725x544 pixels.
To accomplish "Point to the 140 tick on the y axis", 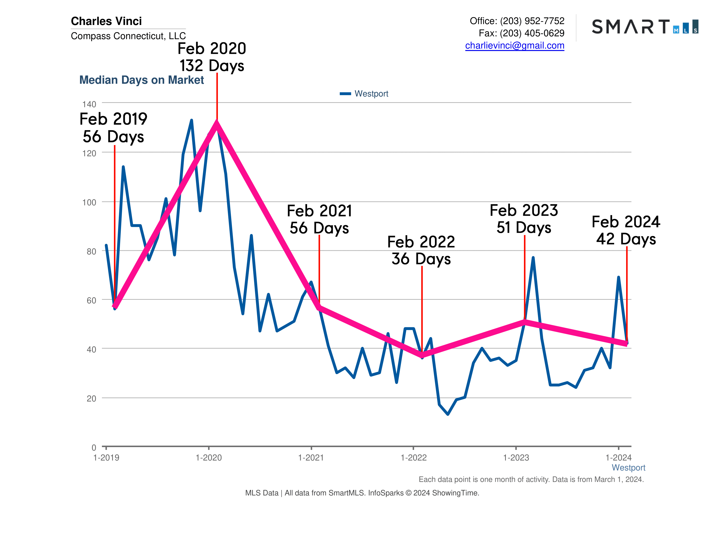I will pyautogui.click(x=89, y=104).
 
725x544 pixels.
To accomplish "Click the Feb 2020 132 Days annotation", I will pyautogui.click(x=212, y=57).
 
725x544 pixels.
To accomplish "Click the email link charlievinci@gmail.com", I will pyautogui.click(x=514, y=46).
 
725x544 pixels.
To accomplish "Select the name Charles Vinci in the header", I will pyautogui.click(x=106, y=21).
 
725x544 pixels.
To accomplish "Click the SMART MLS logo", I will pyautogui.click(x=645, y=27).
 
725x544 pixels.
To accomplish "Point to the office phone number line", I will pyautogui.click(x=517, y=21).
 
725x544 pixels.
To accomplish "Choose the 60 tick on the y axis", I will pyautogui.click(x=91, y=300).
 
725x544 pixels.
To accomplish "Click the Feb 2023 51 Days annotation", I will pyautogui.click(x=523, y=219).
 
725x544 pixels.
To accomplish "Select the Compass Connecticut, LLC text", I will pyautogui.click(x=128, y=36).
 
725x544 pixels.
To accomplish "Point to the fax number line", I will pyautogui.click(x=521, y=33).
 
